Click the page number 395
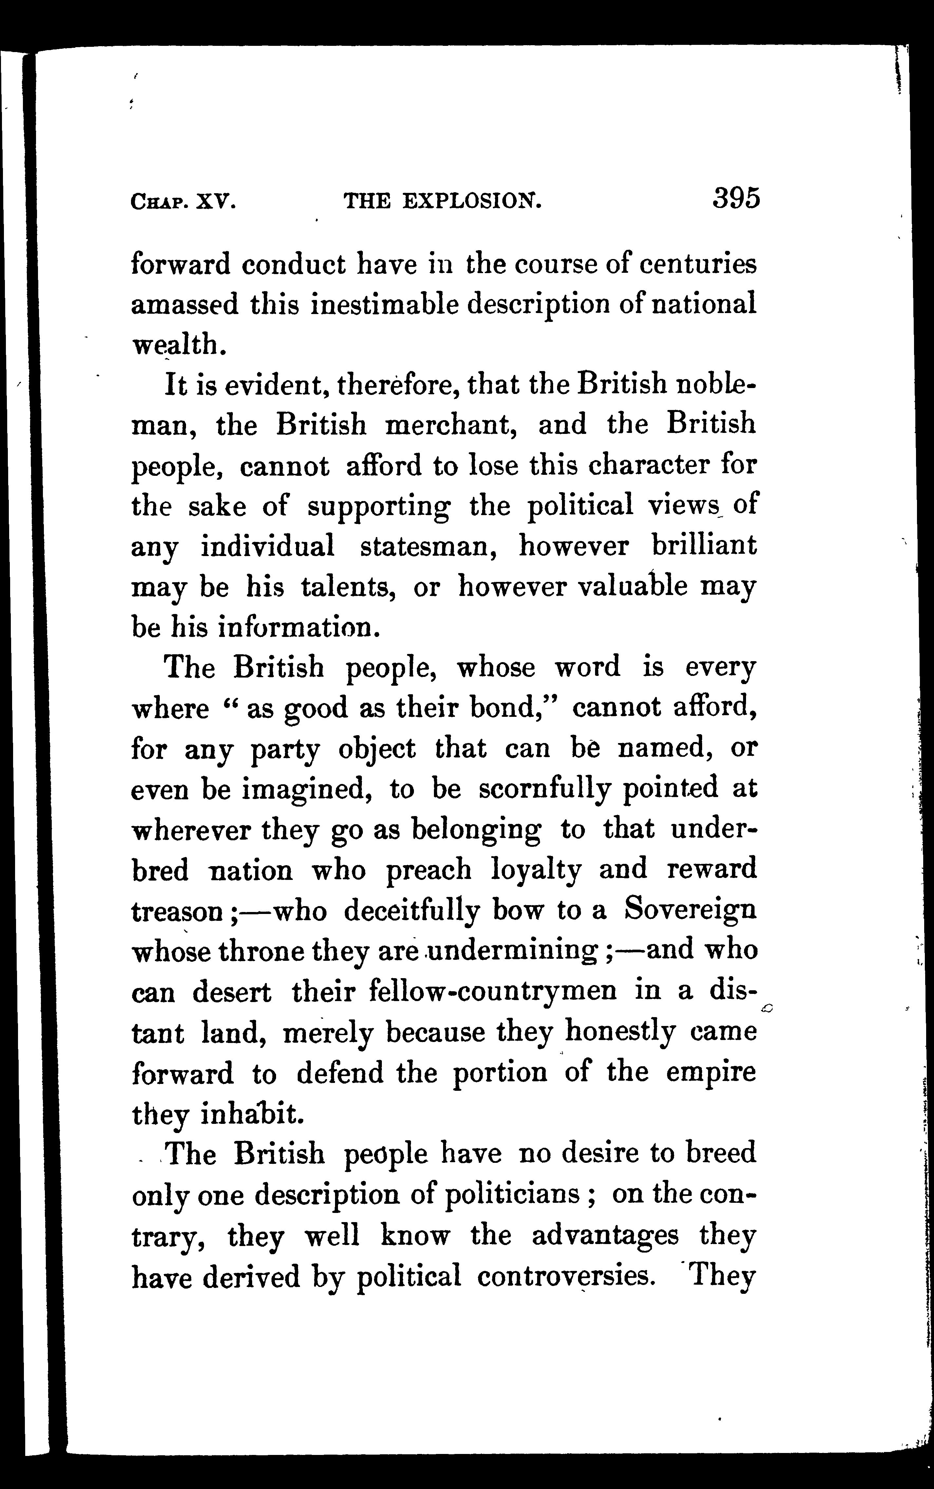tap(736, 199)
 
